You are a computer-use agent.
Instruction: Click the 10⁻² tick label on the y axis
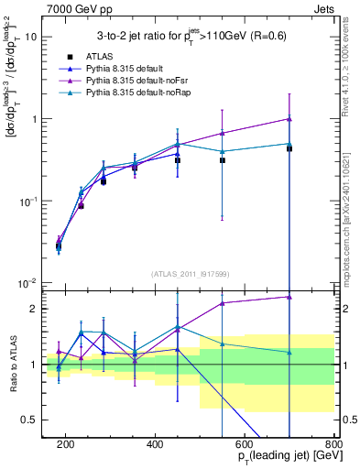pyautogui.click(x=29, y=283)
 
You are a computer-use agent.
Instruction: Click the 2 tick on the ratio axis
pyautogui.click(x=34, y=309)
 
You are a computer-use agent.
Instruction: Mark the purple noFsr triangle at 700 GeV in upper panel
pyautogui.click(x=289, y=119)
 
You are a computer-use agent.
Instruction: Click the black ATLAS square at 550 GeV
pyautogui.click(x=222, y=160)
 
